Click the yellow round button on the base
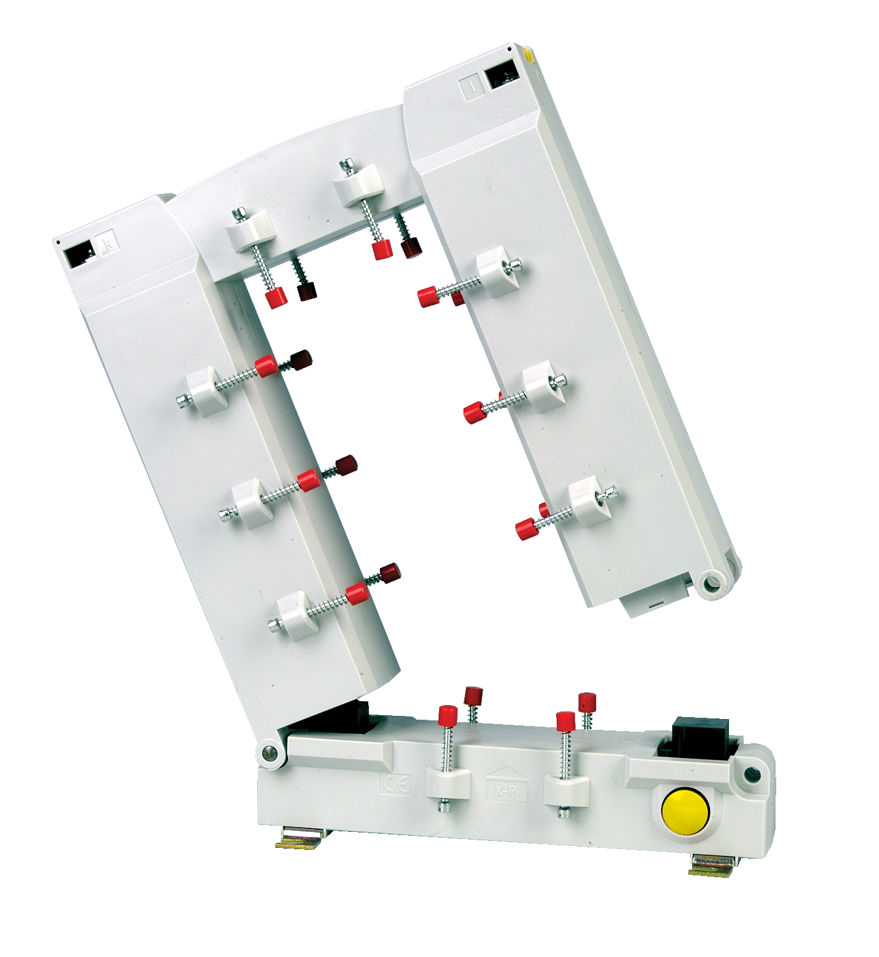coord(685,807)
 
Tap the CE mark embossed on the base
coord(396,783)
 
